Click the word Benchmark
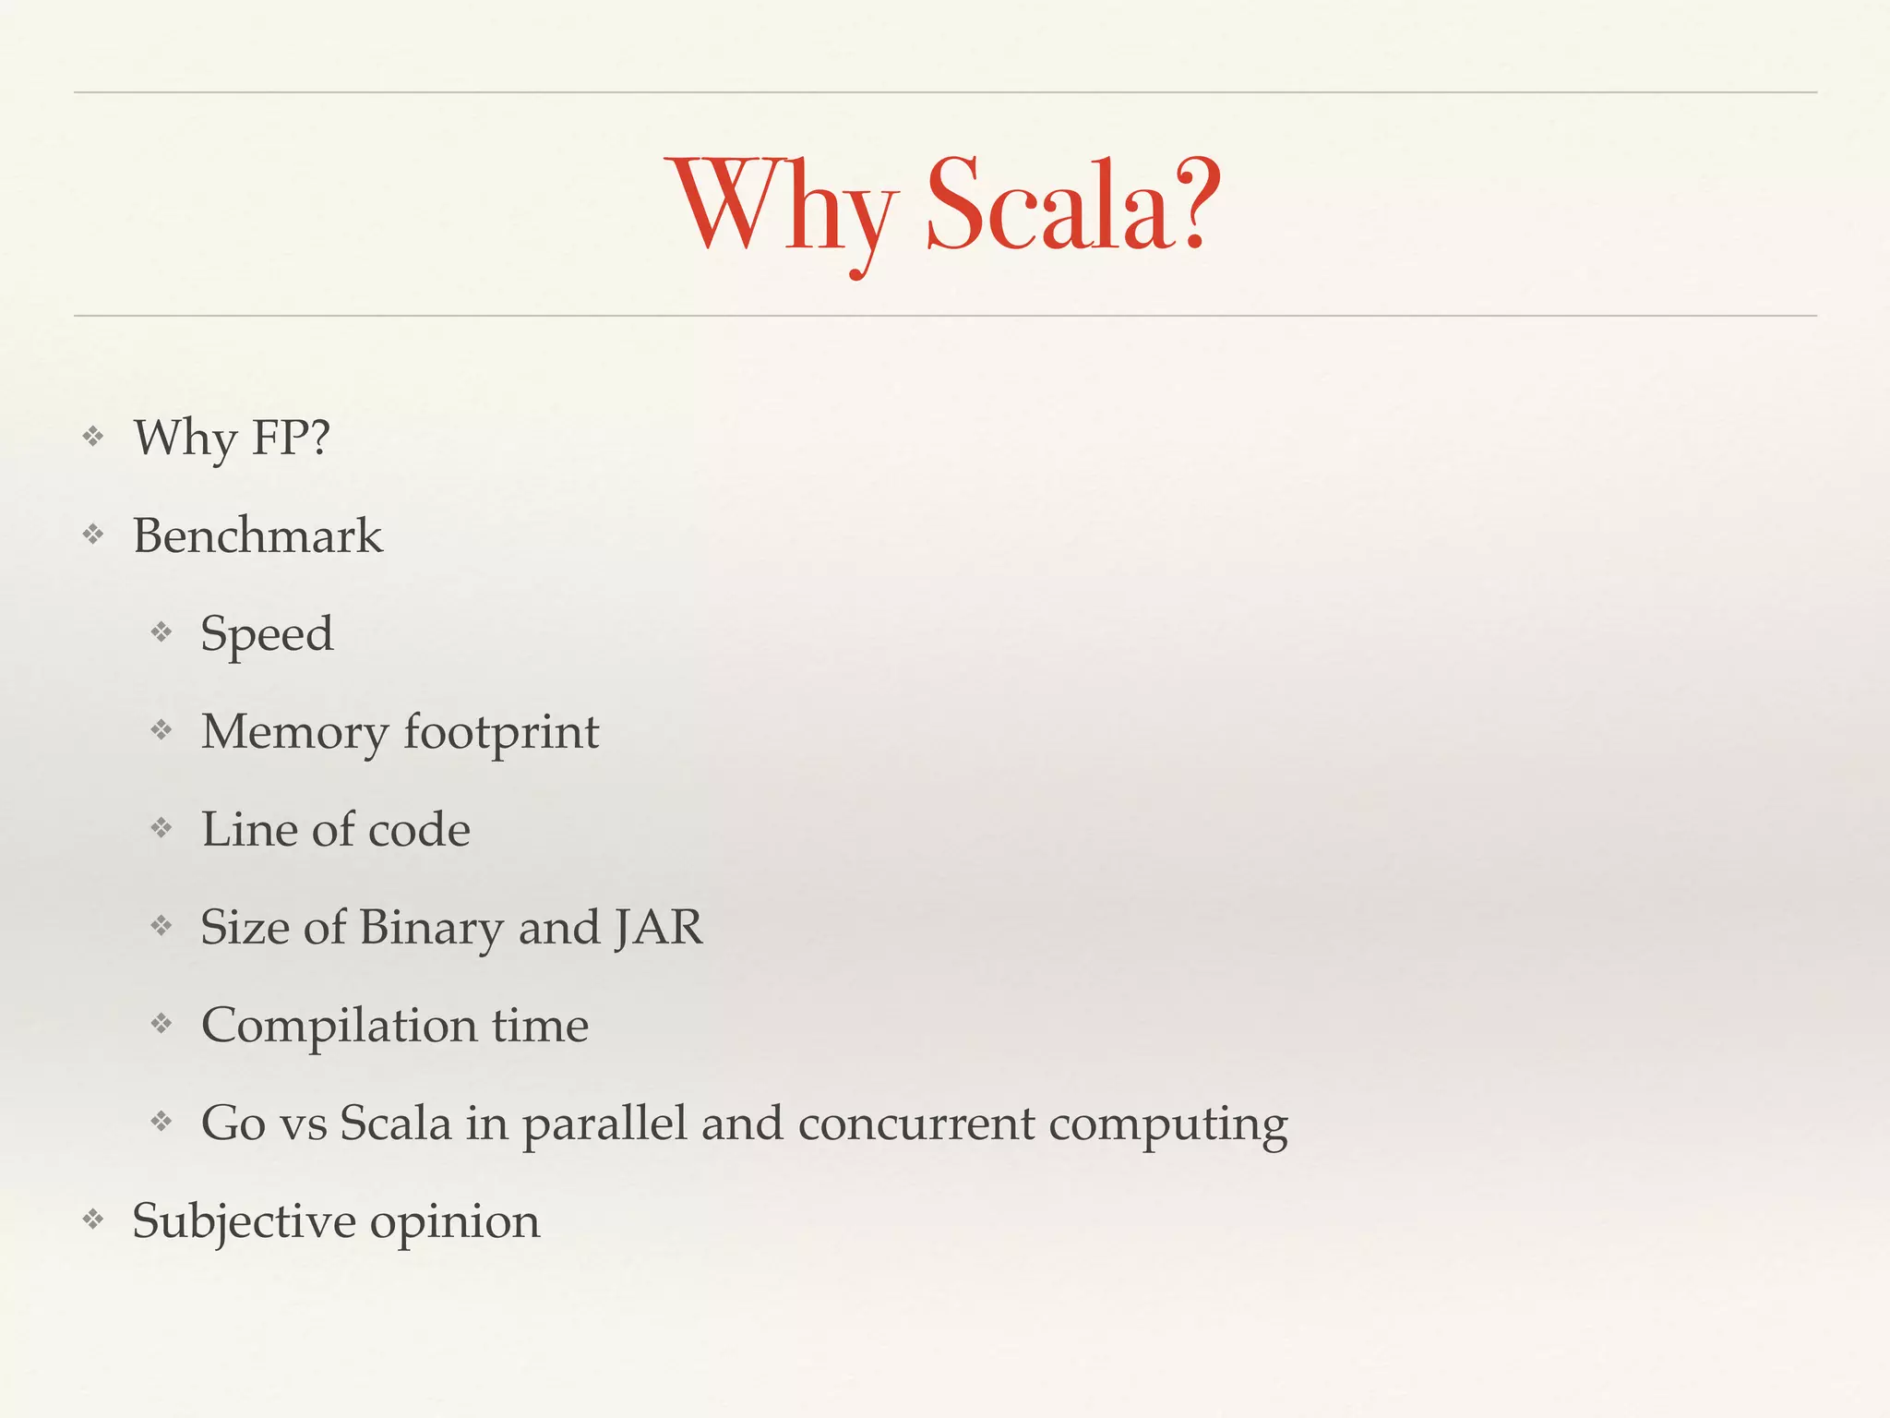coord(257,535)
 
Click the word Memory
coord(294,733)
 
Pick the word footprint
coord(501,733)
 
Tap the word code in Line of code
coord(419,829)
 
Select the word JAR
coord(659,927)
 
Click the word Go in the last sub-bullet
coord(233,1124)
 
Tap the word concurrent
coord(916,1124)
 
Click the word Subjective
coord(245,1222)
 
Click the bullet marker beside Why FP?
coord(92,436)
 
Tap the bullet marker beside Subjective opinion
coord(92,1220)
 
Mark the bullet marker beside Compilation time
coord(161,1024)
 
